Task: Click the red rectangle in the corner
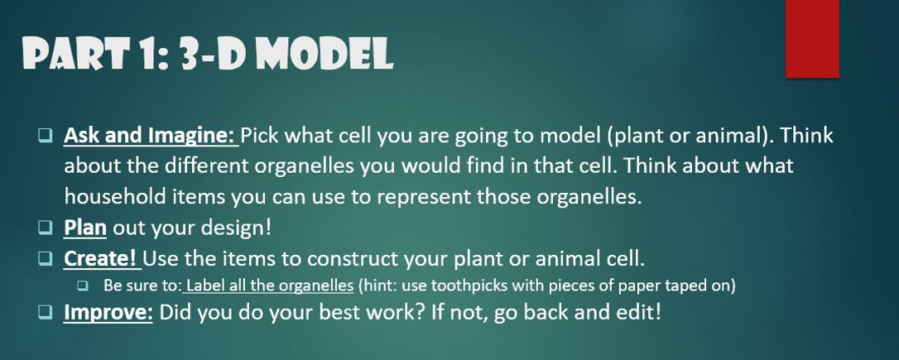(x=812, y=39)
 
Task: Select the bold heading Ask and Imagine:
(x=150, y=135)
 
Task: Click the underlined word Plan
(x=85, y=227)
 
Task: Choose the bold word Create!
(x=100, y=257)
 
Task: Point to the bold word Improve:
(x=108, y=314)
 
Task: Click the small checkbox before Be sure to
(x=83, y=286)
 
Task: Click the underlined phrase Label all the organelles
(x=270, y=286)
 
